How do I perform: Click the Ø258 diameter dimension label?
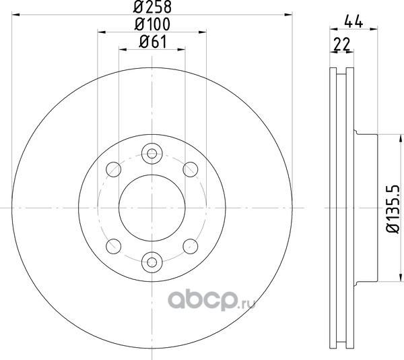tap(152, 7)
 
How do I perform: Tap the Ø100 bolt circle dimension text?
tap(152, 24)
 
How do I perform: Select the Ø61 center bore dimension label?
tap(153, 42)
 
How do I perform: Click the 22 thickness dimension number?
tap(341, 44)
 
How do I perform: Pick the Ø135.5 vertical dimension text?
tap(393, 209)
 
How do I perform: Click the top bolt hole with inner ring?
tap(152, 154)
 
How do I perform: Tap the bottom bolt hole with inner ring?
tap(152, 262)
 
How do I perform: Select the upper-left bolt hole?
tap(113, 169)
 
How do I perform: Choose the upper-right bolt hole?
tap(191, 169)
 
